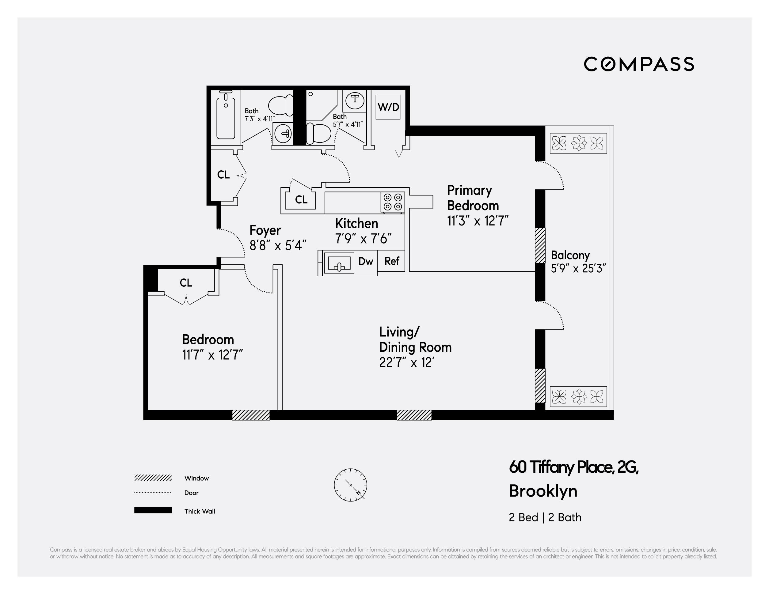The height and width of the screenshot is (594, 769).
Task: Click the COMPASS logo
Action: (638, 64)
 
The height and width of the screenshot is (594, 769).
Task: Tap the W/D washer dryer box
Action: (388, 107)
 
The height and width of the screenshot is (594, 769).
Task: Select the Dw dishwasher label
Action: (365, 261)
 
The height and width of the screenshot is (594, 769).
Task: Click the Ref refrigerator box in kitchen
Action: (391, 261)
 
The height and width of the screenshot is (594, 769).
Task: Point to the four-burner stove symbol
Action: (393, 202)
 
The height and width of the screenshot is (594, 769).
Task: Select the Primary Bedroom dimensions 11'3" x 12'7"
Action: (478, 221)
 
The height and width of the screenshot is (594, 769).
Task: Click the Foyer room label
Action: (265, 230)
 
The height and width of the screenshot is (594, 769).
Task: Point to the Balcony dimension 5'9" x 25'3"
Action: (578, 268)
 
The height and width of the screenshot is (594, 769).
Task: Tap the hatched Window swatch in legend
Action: (153, 478)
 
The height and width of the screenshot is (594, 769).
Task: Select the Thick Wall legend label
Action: (200, 511)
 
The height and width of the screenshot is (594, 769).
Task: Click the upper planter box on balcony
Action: (578, 143)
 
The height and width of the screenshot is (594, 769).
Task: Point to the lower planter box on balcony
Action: (578, 397)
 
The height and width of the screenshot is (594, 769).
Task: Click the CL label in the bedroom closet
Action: (186, 282)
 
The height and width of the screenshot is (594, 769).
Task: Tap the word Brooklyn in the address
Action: (543, 491)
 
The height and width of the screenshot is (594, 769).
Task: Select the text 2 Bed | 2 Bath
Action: (545, 517)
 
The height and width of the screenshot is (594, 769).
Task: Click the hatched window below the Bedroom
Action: (251, 415)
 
